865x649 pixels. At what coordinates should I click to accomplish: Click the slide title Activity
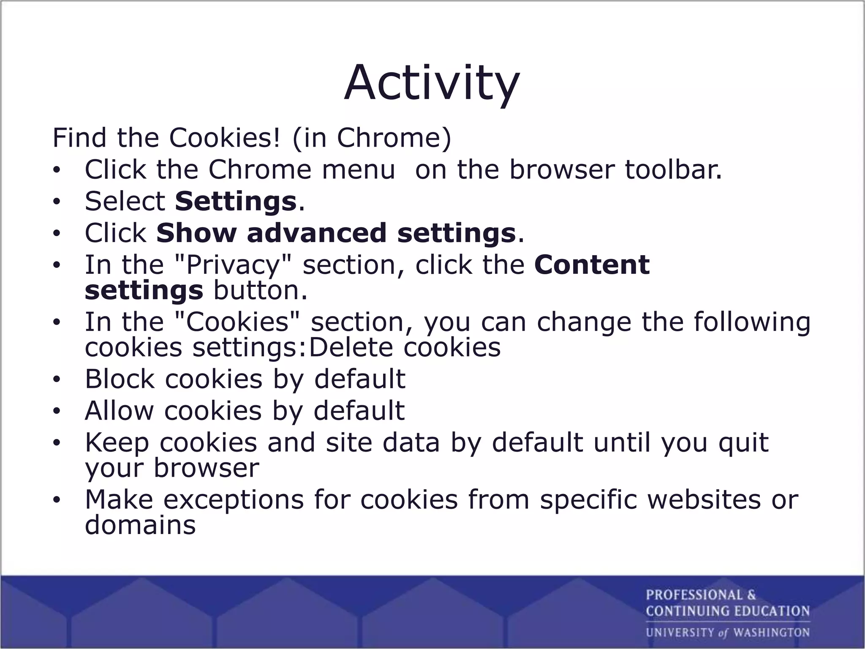tap(432, 83)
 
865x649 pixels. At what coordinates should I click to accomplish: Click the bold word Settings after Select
tap(235, 201)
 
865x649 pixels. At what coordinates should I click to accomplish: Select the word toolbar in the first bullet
tap(673, 169)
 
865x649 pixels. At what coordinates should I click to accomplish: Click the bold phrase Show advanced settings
tap(336, 233)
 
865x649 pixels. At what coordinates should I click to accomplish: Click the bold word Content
tap(591, 265)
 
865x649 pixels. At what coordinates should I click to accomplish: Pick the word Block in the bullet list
tap(120, 379)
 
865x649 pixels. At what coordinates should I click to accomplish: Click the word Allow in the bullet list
tap(119, 411)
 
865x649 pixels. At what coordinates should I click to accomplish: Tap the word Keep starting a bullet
tap(117, 442)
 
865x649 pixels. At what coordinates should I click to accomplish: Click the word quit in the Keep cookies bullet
tap(743, 442)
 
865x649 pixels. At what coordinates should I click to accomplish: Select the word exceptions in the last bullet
tap(233, 500)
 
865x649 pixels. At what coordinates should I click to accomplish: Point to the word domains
tap(140, 525)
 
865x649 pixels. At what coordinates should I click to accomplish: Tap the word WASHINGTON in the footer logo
tap(771, 633)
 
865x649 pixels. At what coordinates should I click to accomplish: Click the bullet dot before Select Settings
tap(57, 202)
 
